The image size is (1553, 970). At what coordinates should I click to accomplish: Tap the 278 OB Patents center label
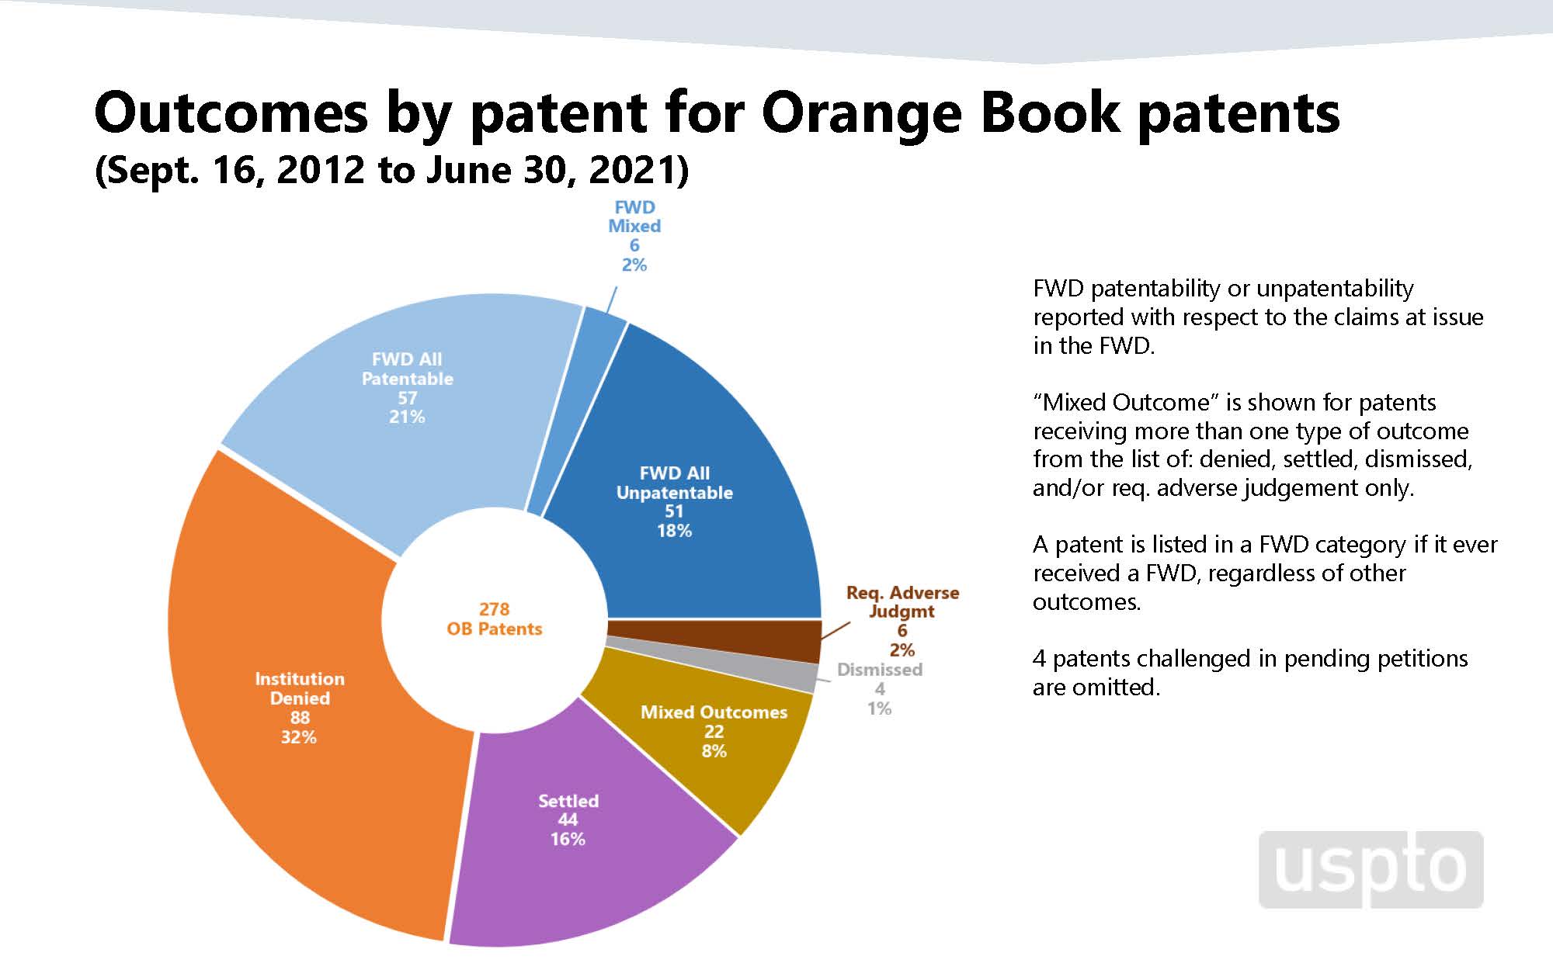click(x=494, y=619)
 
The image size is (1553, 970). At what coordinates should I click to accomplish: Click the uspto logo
click(x=1371, y=869)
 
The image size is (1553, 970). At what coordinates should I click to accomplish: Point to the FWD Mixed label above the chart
click(x=634, y=217)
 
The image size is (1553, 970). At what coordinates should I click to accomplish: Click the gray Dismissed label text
click(x=879, y=670)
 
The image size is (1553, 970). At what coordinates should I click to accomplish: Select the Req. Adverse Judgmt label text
click(x=902, y=602)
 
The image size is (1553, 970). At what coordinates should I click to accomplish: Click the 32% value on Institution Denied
click(x=299, y=737)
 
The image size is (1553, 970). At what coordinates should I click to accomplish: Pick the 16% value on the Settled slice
click(x=568, y=839)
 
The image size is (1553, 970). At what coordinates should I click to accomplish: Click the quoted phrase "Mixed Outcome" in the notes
click(x=1126, y=403)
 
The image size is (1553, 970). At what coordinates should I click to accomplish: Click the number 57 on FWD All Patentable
click(x=407, y=398)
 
